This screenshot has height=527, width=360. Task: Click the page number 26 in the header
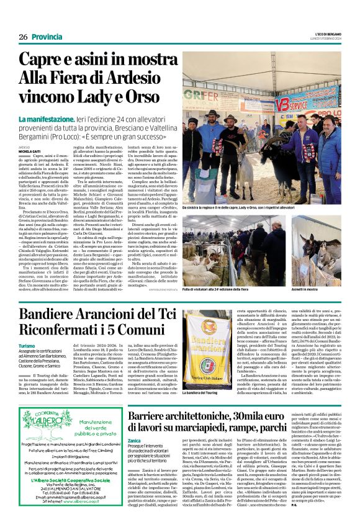23,37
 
